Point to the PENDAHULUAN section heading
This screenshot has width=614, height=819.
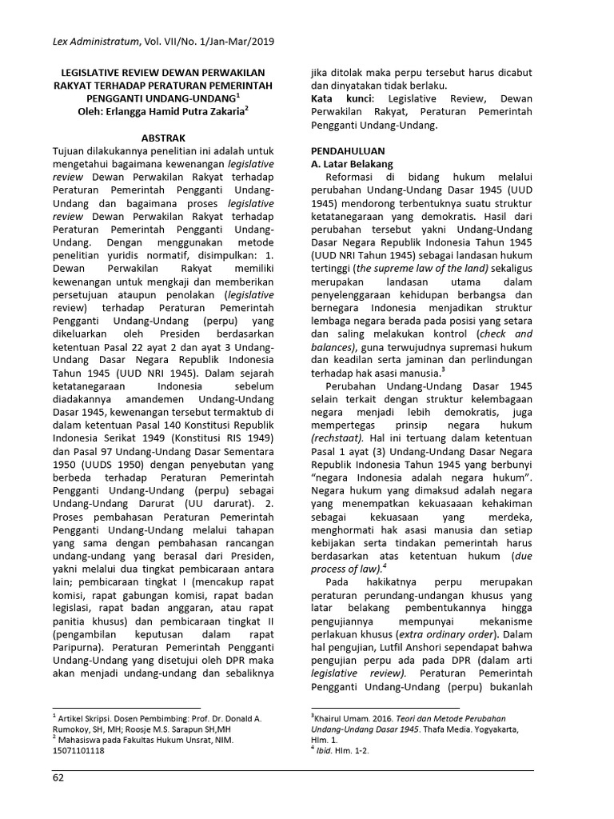[348, 150]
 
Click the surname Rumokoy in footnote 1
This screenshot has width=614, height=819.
[78, 729]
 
